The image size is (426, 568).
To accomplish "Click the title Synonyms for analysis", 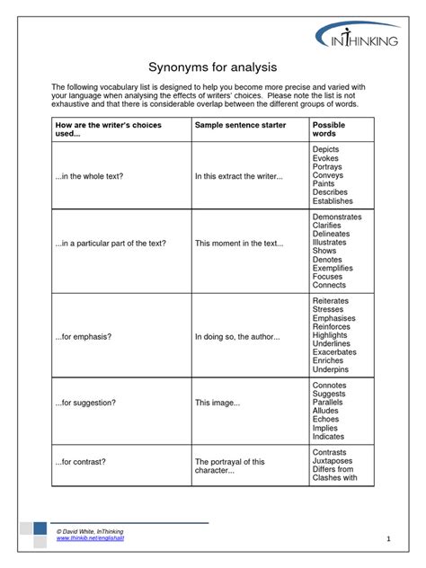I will click(x=212, y=67).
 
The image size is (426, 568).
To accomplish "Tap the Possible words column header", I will click(x=328, y=129).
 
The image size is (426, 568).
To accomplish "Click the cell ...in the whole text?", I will click(x=89, y=176).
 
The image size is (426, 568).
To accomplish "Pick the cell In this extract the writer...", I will click(x=239, y=176).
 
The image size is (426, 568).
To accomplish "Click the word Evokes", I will click(x=325, y=158).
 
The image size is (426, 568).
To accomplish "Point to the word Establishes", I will click(x=333, y=201).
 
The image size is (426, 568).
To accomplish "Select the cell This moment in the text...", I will click(x=239, y=244).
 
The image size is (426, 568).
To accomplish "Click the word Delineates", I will click(x=332, y=234).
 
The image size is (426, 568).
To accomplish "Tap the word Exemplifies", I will click(x=333, y=268).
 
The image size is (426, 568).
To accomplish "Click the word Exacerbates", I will click(x=334, y=353).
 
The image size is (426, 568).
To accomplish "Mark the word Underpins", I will click(x=330, y=370).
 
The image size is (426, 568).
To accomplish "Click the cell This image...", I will click(x=217, y=403).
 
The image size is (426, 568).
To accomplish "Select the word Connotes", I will click(x=329, y=386).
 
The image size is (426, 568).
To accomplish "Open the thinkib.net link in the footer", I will click(x=90, y=539).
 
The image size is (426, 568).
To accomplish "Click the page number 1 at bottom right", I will click(x=388, y=538).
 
